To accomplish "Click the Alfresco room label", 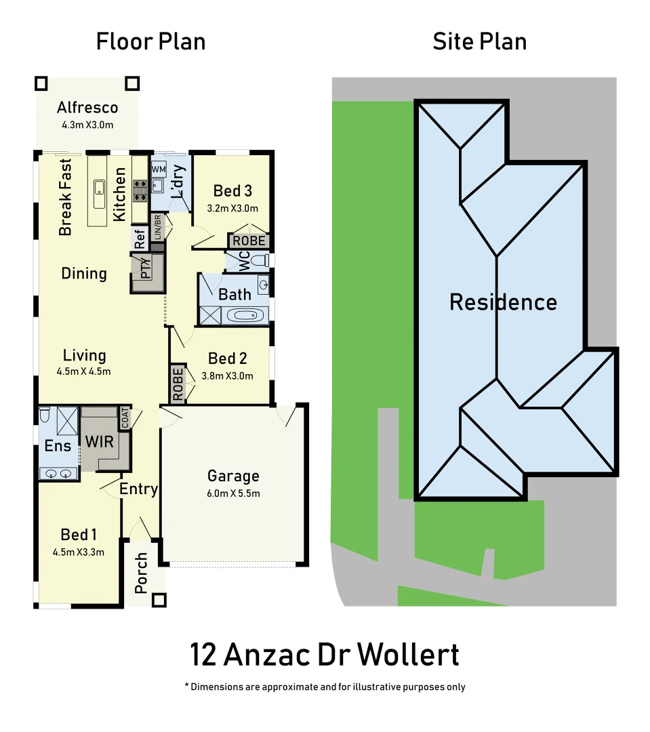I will [x=87, y=107].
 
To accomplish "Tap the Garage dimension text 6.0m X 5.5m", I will [x=233, y=493].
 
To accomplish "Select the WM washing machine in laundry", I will [x=159, y=169].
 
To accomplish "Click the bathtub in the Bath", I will [x=246, y=315].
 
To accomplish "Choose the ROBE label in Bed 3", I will [x=249, y=241].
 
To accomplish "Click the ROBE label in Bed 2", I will [x=178, y=384].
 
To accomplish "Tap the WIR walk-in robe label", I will [x=99, y=441].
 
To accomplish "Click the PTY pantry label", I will [x=145, y=268].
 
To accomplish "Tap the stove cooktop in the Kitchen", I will [x=140, y=190].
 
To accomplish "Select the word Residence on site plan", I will [x=503, y=302].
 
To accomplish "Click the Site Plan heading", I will [x=479, y=41].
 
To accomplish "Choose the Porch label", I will [x=141, y=573].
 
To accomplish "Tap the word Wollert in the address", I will [x=408, y=655].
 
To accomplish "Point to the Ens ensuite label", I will [x=58, y=445].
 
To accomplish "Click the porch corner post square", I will [x=159, y=601].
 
